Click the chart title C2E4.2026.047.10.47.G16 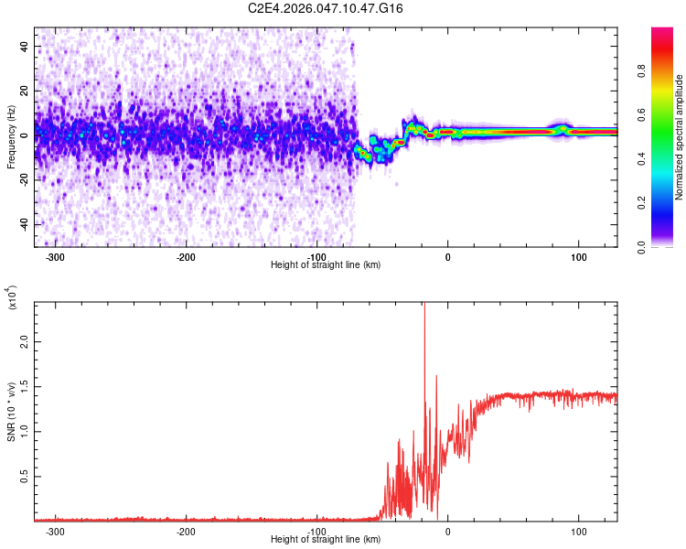pos(326,8)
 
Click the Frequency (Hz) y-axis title pos(11,137)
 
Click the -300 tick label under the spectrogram pos(55,256)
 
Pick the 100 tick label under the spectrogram pos(578,256)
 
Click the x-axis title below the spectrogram pos(326,265)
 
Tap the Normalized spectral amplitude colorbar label pos(680,137)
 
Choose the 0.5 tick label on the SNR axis pos(25,476)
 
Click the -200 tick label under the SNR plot pos(186,531)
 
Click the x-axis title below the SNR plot pos(326,540)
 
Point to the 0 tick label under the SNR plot pos(447,531)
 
